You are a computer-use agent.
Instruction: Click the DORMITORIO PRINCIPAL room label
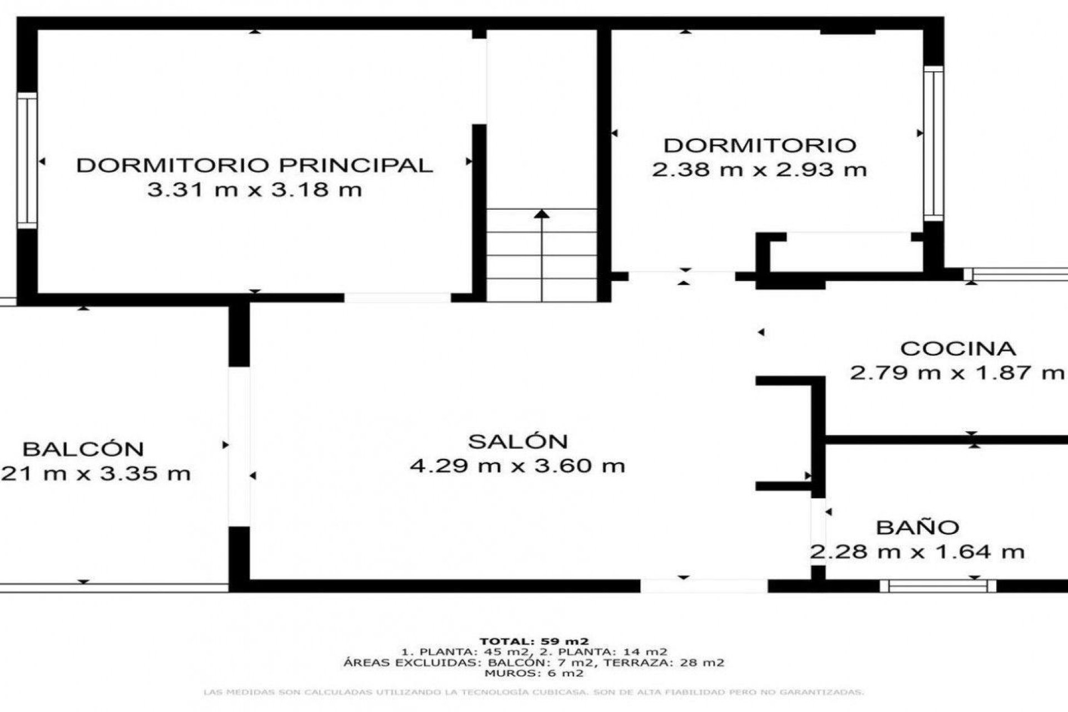point(254,165)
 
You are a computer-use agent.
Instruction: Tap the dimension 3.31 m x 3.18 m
point(254,190)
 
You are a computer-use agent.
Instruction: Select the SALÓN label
point(517,442)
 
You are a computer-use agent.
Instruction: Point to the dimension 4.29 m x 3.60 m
point(517,466)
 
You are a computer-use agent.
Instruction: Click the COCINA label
point(958,349)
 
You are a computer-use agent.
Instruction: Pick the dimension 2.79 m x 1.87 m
point(957,373)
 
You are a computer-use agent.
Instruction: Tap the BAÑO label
point(917,527)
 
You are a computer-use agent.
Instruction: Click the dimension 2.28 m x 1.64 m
point(917,552)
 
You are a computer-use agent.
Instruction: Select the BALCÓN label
point(83,449)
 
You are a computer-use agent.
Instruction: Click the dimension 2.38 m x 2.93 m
point(759,169)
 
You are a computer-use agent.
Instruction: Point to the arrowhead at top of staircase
point(542,213)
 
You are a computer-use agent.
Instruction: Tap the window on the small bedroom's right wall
point(934,143)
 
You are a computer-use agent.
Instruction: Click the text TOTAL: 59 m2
point(534,641)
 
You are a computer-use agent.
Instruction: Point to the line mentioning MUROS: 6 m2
point(534,673)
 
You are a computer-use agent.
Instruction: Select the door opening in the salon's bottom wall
point(704,585)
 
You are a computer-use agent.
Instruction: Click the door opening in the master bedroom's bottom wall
point(397,298)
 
